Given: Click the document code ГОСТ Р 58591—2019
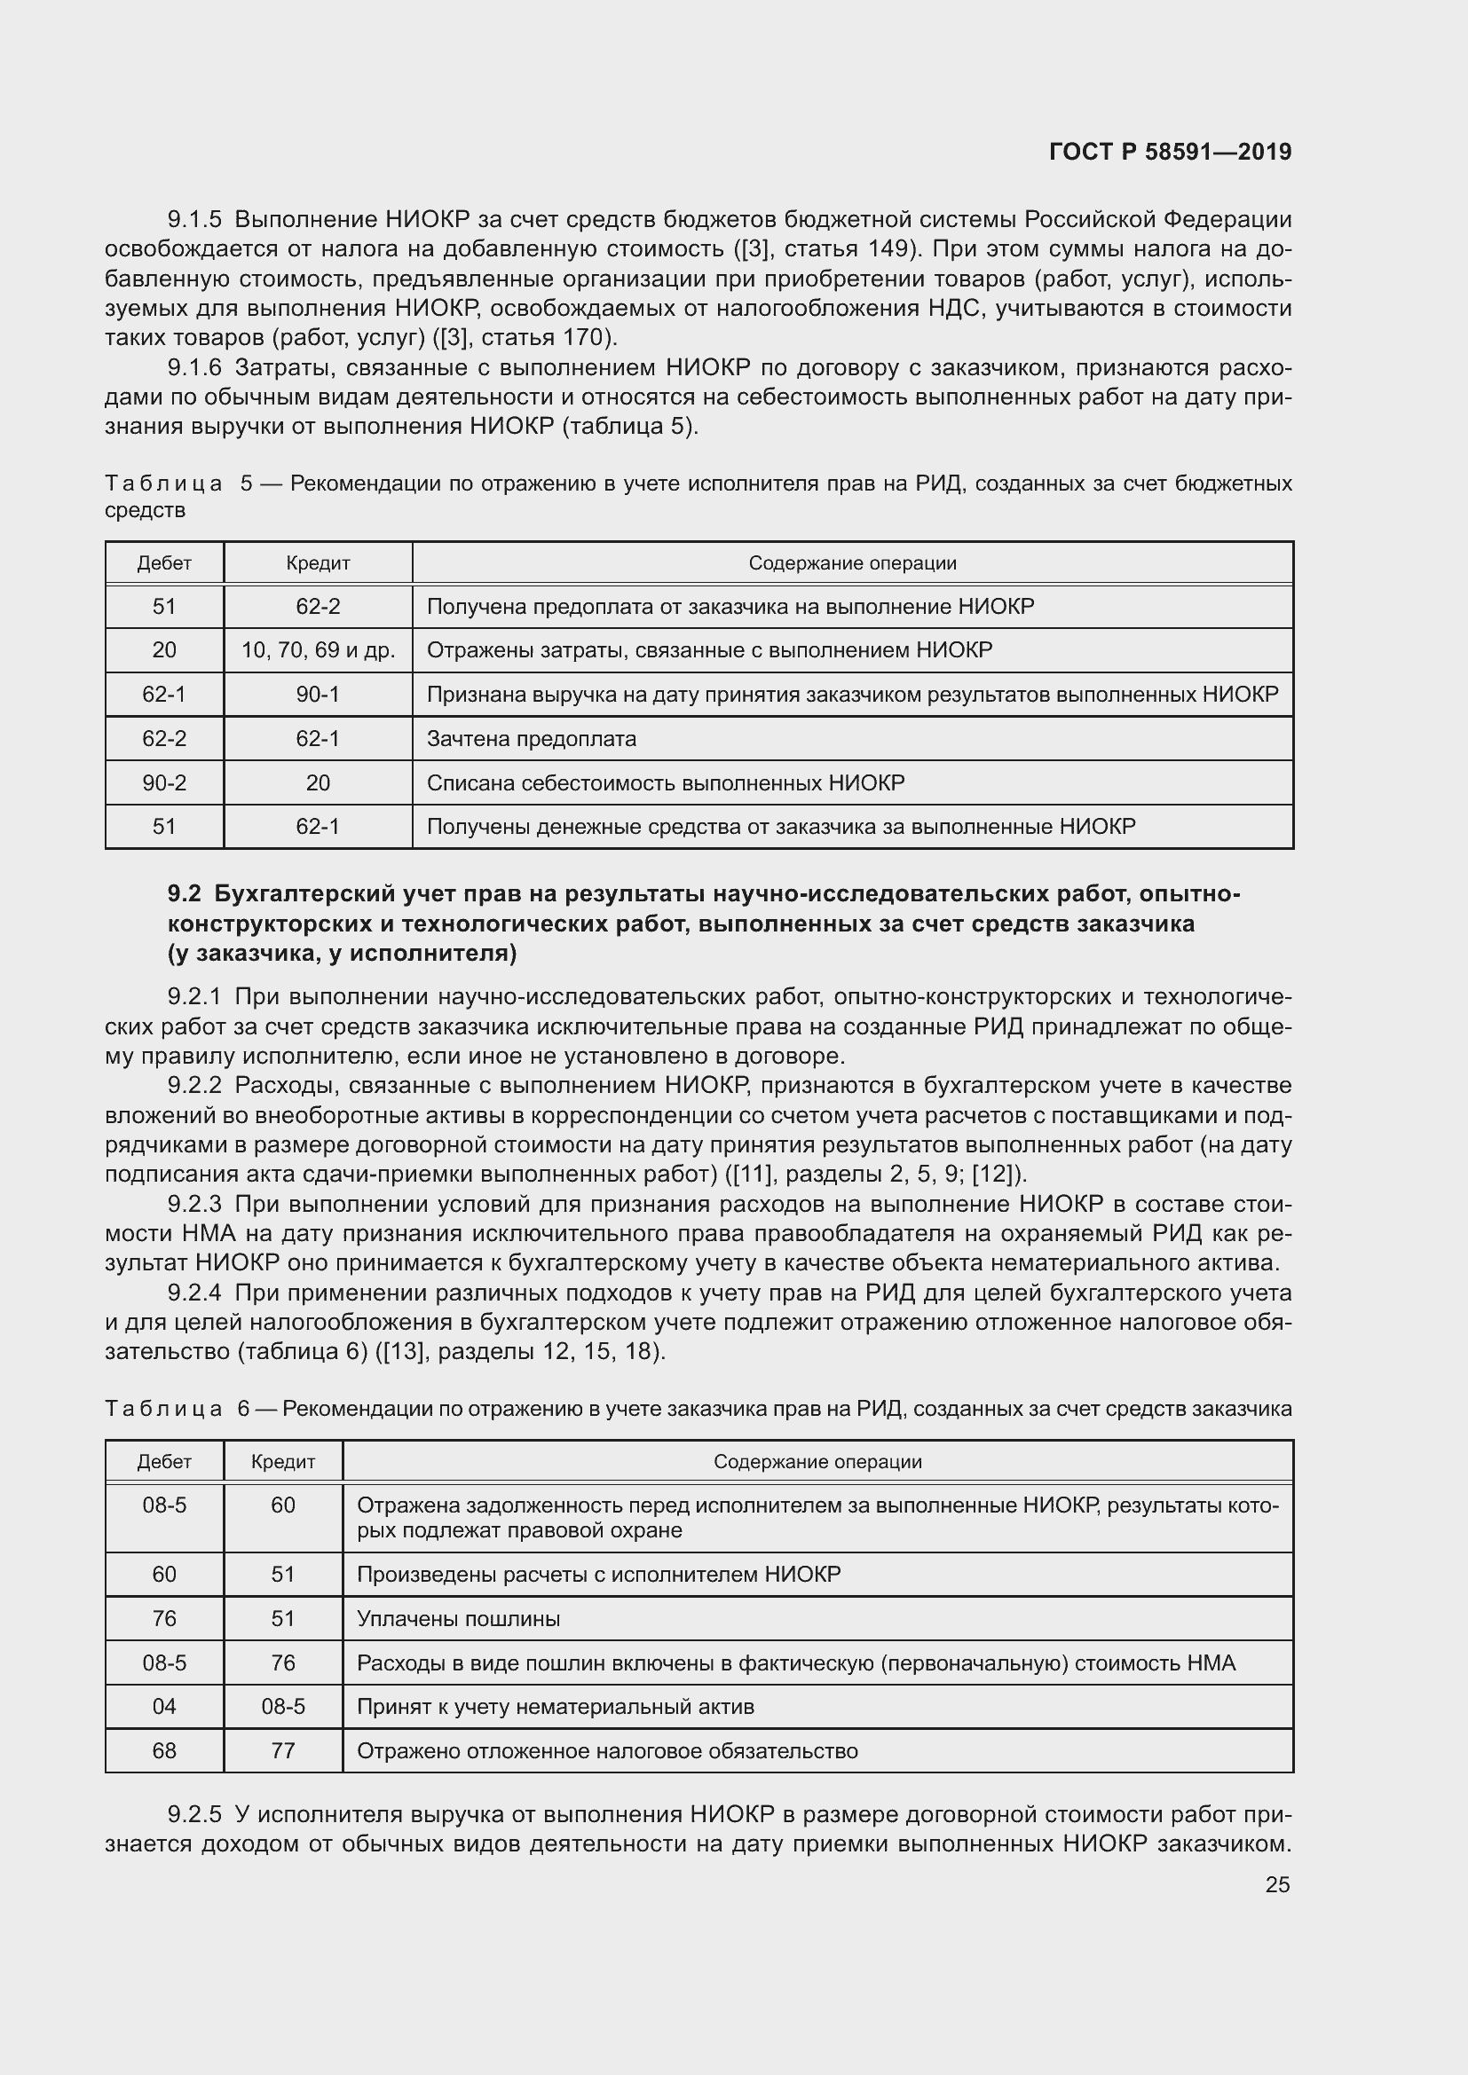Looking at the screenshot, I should tap(1170, 152).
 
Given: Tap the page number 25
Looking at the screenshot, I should tap(1276, 1884).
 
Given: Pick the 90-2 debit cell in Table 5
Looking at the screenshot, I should tap(164, 782).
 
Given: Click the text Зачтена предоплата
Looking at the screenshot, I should tap(531, 738).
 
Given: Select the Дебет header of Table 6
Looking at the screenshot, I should tap(164, 1461).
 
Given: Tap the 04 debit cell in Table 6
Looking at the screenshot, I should tap(164, 1706).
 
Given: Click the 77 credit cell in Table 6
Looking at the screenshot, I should tap(283, 1750).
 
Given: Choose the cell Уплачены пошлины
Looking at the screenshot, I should tap(458, 1619).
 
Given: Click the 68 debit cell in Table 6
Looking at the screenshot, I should tap(164, 1750).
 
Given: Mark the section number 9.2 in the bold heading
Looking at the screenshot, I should tap(184, 894).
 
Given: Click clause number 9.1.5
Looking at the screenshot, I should tap(194, 220).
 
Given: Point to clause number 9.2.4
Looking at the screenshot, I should tap(194, 1293).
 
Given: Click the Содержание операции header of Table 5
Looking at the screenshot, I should tap(851, 563).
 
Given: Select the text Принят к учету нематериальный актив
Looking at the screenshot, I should tap(555, 1706).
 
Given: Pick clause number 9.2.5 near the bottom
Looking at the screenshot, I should tap(194, 1815).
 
